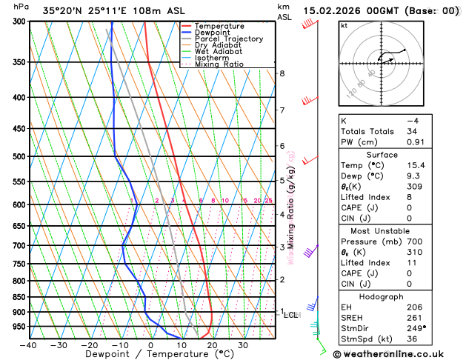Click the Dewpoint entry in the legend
tap(219, 33)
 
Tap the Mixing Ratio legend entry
tap(219, 64)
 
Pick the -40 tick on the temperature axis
tap(28, 345)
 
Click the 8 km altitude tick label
tap(282, 73)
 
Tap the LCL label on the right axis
tap(291, 315)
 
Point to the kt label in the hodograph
tap(344, 25)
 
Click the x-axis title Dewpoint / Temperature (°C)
tap(150, 355)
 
